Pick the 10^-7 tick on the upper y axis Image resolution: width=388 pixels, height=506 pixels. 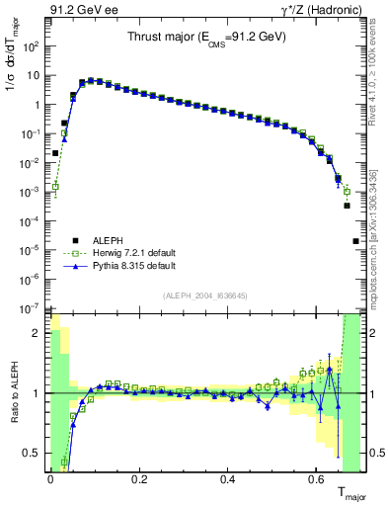click(32, 308)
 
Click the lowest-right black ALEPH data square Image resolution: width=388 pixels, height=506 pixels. click(355, 240)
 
